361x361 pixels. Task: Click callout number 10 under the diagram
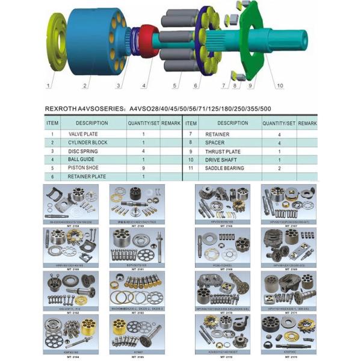pyautogui.click(x=279, y=85)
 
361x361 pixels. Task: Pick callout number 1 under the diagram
pyautogui.click(x=51, y=86)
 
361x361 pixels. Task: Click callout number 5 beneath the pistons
pyautogui.click(x=175, y=86)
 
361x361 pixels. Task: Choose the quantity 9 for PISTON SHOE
pyautogui.click(x=144, y=168)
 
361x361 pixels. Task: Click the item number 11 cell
pyautogui.click(x=191, y=168)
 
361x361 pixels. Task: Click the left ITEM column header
pyautogui.click(x=52, y=123)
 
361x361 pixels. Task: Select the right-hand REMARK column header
pyautogui.click(x=307, y=123)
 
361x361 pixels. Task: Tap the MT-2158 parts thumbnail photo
pyautogui.click(x=71, y=204)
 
